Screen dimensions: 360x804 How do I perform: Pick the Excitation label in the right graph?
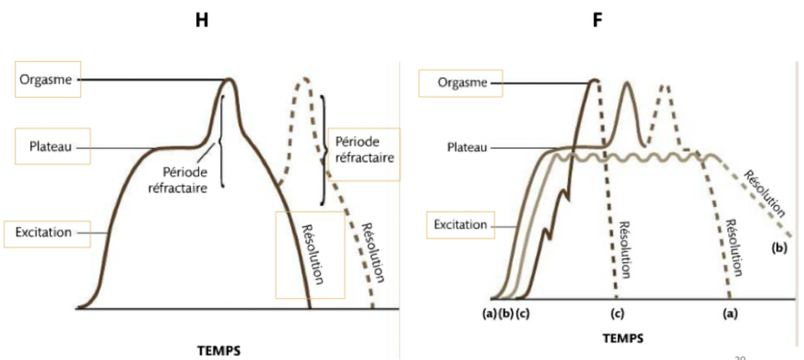(460, 225)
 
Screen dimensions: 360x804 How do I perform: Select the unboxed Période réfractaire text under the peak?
(186, 180)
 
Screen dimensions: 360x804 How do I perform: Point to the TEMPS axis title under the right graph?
(623, 338)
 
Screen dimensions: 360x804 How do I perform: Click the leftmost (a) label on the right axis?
(489, 313)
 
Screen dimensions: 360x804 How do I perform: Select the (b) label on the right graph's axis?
(505, 313)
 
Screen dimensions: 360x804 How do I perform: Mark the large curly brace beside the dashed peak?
(325, 149)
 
